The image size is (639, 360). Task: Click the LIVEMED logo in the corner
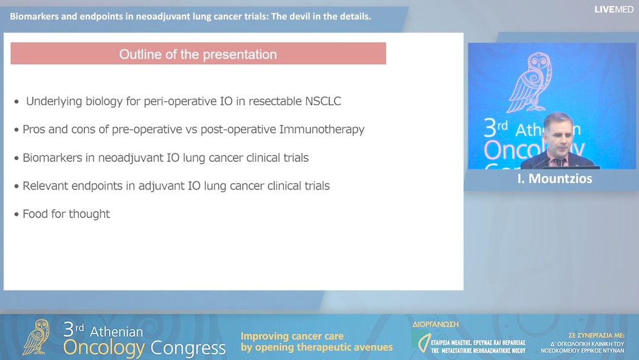614,9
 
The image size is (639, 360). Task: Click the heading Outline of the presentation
198,54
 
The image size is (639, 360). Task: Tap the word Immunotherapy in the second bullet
326,129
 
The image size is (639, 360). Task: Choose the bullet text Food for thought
66,214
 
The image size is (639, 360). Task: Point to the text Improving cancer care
292,336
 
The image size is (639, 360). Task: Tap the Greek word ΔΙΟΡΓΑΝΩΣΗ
435,324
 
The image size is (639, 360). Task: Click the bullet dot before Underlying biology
17,102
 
